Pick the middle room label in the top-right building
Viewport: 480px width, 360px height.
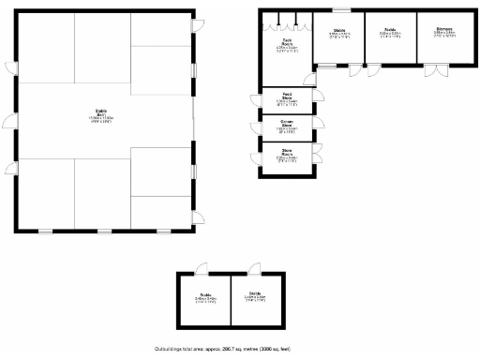tap(390, 33)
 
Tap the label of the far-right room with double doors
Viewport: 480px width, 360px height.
tap(443, 33)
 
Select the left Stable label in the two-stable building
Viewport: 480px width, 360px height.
tap(205, 297)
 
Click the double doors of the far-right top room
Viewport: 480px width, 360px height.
tap(437, 70)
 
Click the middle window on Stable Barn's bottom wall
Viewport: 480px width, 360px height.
tap(103, 231)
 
